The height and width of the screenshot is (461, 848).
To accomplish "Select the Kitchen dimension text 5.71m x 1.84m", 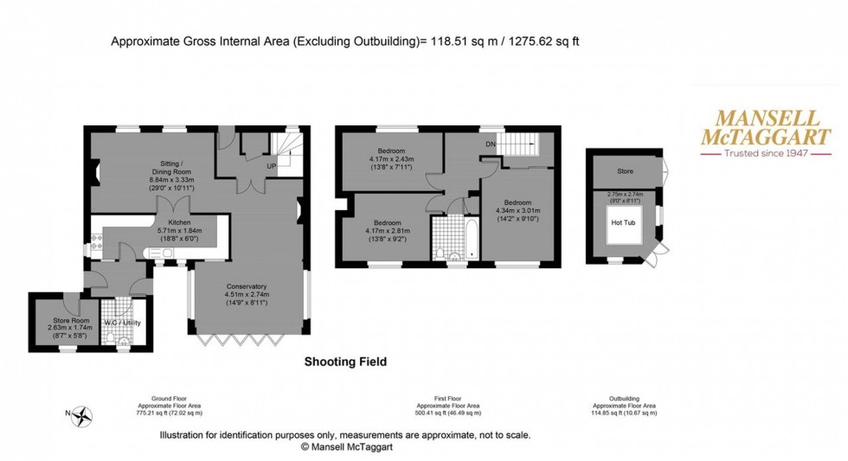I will tap(178, 231).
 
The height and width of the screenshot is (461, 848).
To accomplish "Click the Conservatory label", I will tap(247, 286).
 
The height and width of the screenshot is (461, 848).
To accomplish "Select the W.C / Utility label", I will tap(122, 323).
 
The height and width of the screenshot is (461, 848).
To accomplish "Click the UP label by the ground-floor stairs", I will tap(271, 165).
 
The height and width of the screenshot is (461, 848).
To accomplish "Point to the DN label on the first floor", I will tap(490, 144).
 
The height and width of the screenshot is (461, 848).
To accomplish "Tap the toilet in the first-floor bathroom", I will tap(442, 253).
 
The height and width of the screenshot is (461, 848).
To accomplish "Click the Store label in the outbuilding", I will tap(625, 171).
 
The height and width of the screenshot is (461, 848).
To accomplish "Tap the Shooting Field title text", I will tap(345, 362).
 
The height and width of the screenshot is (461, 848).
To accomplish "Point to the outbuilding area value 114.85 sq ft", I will tap(624, 413).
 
